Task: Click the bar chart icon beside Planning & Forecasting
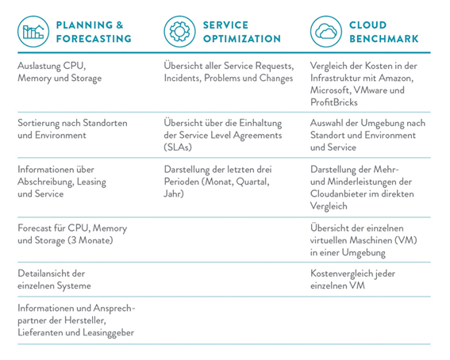(33, 32)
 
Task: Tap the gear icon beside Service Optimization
(179, 32)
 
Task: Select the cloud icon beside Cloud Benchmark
(326, 32)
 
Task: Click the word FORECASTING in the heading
(94, 39)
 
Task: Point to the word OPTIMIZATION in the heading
(242, 39)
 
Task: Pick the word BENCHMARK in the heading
(384, 39)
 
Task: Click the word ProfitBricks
(334, 102)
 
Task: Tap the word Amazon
(396, 78)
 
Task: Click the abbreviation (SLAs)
(178, 147)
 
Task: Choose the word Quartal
(252, 182)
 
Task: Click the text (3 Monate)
(90, 240)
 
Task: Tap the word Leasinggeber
(109, 333)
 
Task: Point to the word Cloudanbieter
(338, 194)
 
